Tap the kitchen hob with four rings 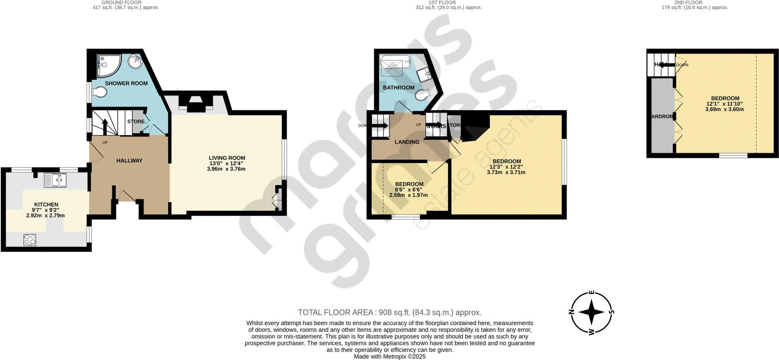pos(30,240)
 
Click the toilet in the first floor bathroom pos(422,95)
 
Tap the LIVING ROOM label pos(227,158)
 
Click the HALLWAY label pos(129,160)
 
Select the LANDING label pos(407,142)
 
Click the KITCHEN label pos(46,205)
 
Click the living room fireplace pos(196,104)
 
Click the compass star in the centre pos(591,312)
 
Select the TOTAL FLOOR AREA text pos(389,312)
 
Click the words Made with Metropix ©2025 pos(389,357)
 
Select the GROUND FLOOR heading pos(121,3)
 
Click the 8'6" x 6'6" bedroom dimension pos(409,189)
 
